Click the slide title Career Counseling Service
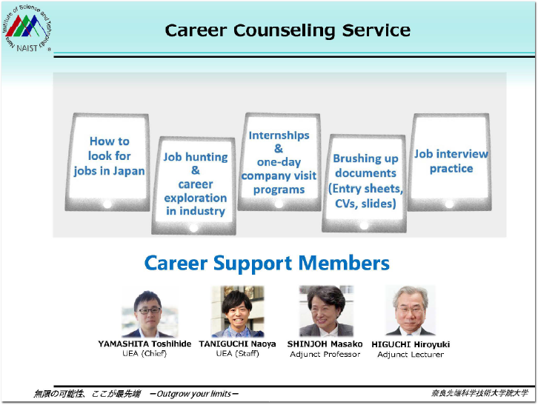[x=287, y=30]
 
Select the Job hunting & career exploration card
[x=195, y=184]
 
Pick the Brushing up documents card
[x=365, y=181]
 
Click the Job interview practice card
[x=451, y=161]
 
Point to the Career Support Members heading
[x=267, y=263]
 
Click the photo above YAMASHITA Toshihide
[x=147, y=312]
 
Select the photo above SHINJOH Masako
[x=325, y=311]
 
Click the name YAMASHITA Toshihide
[x=145, y=344]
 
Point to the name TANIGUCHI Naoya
[x=237, y=344]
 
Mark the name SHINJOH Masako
[x=325, y=344]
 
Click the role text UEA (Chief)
[x=145, y=354]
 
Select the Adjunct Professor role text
[x=325, y=354]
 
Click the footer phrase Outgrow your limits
[x=194, y=393]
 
